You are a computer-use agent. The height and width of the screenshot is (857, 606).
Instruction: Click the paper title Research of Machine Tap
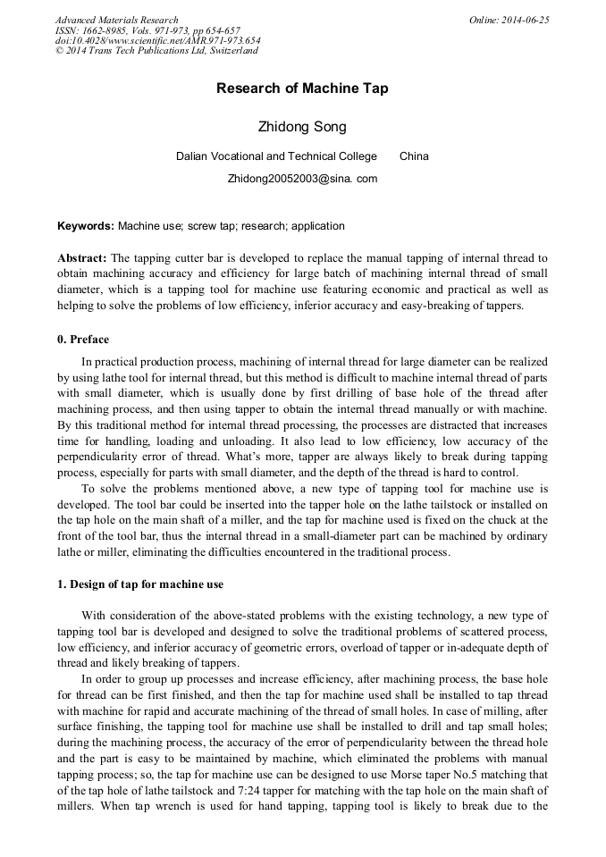(302, 88)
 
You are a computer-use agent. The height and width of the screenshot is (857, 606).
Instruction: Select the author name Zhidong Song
(302, 127)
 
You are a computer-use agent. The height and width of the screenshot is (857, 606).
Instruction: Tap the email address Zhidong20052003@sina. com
(302, 179)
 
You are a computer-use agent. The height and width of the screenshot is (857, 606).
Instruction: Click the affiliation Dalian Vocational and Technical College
(276, 156)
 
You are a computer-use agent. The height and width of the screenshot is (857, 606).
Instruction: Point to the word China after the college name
(414, 156)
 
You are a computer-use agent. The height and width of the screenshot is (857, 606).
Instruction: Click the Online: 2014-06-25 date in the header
(509, 20)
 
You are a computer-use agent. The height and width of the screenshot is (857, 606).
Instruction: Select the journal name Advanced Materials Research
(116, 20)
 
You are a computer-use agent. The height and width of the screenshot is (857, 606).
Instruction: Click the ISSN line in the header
(147, 30)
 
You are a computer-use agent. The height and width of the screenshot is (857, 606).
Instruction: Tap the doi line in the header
(157, 41)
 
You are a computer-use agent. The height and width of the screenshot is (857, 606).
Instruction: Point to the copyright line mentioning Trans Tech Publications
(156, 51)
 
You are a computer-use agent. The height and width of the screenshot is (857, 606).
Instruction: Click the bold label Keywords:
(86, 226)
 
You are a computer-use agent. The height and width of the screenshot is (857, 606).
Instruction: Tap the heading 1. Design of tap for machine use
(140, 584)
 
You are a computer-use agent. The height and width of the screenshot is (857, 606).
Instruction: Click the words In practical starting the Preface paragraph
(110, 362)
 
